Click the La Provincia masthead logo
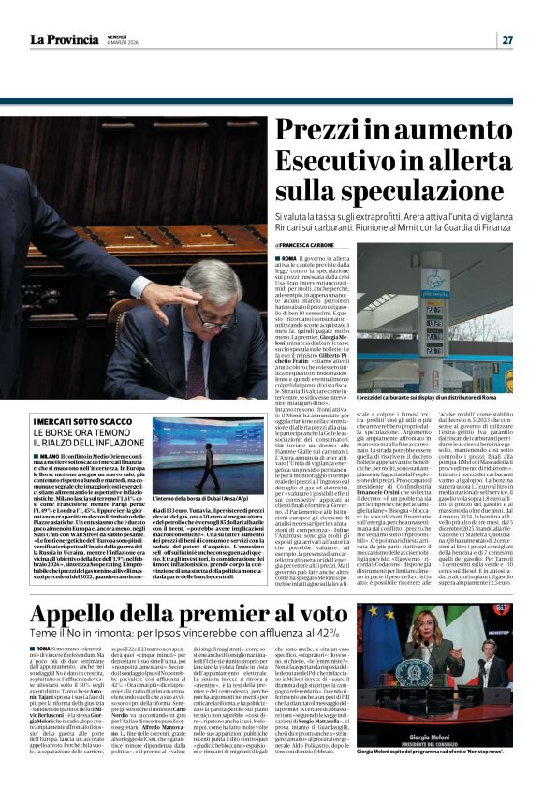(65, 39)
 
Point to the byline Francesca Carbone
(311, 245)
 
